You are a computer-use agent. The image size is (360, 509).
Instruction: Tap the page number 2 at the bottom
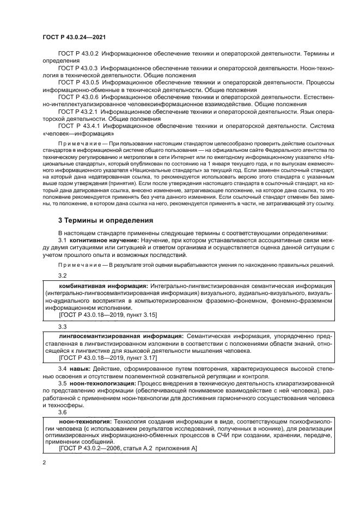coord(44,462)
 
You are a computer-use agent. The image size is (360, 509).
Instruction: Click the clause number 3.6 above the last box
coord(63,413)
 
